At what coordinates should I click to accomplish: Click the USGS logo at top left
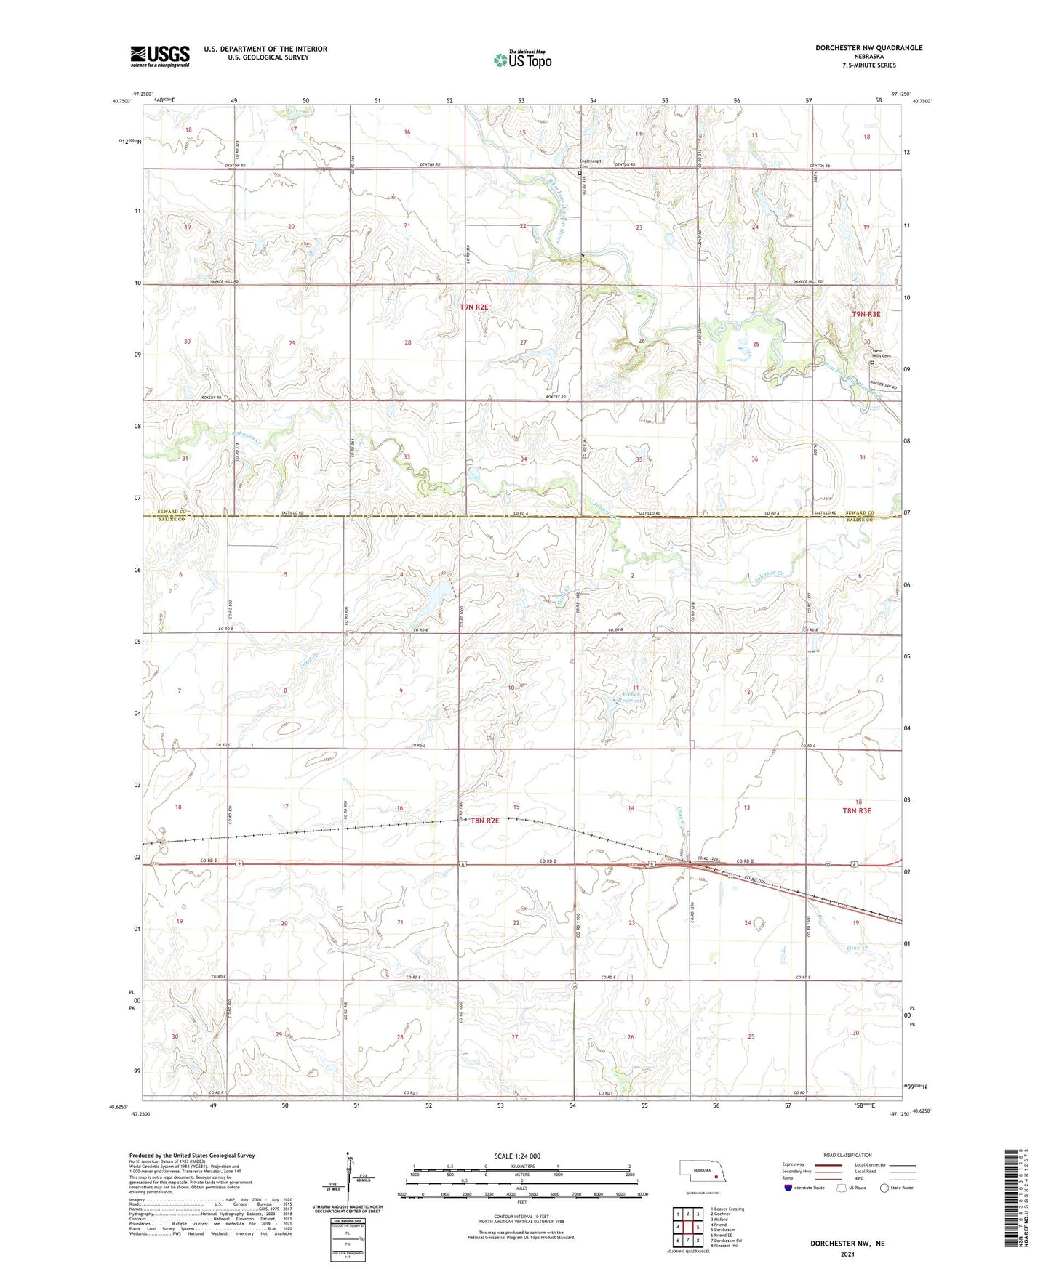point(160,56)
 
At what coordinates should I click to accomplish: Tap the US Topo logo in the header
point(522,60)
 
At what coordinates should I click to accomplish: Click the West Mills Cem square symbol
point(872,363)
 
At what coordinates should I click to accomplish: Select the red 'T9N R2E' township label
point(474,307)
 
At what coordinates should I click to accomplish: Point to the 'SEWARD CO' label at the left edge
point(172,512)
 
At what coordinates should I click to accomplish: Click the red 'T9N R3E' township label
point(866,314)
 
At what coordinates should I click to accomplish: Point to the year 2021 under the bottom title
point(847,1254)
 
